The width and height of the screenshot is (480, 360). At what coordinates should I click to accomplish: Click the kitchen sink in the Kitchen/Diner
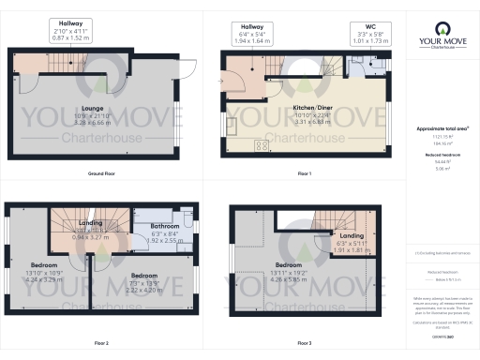232,121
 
